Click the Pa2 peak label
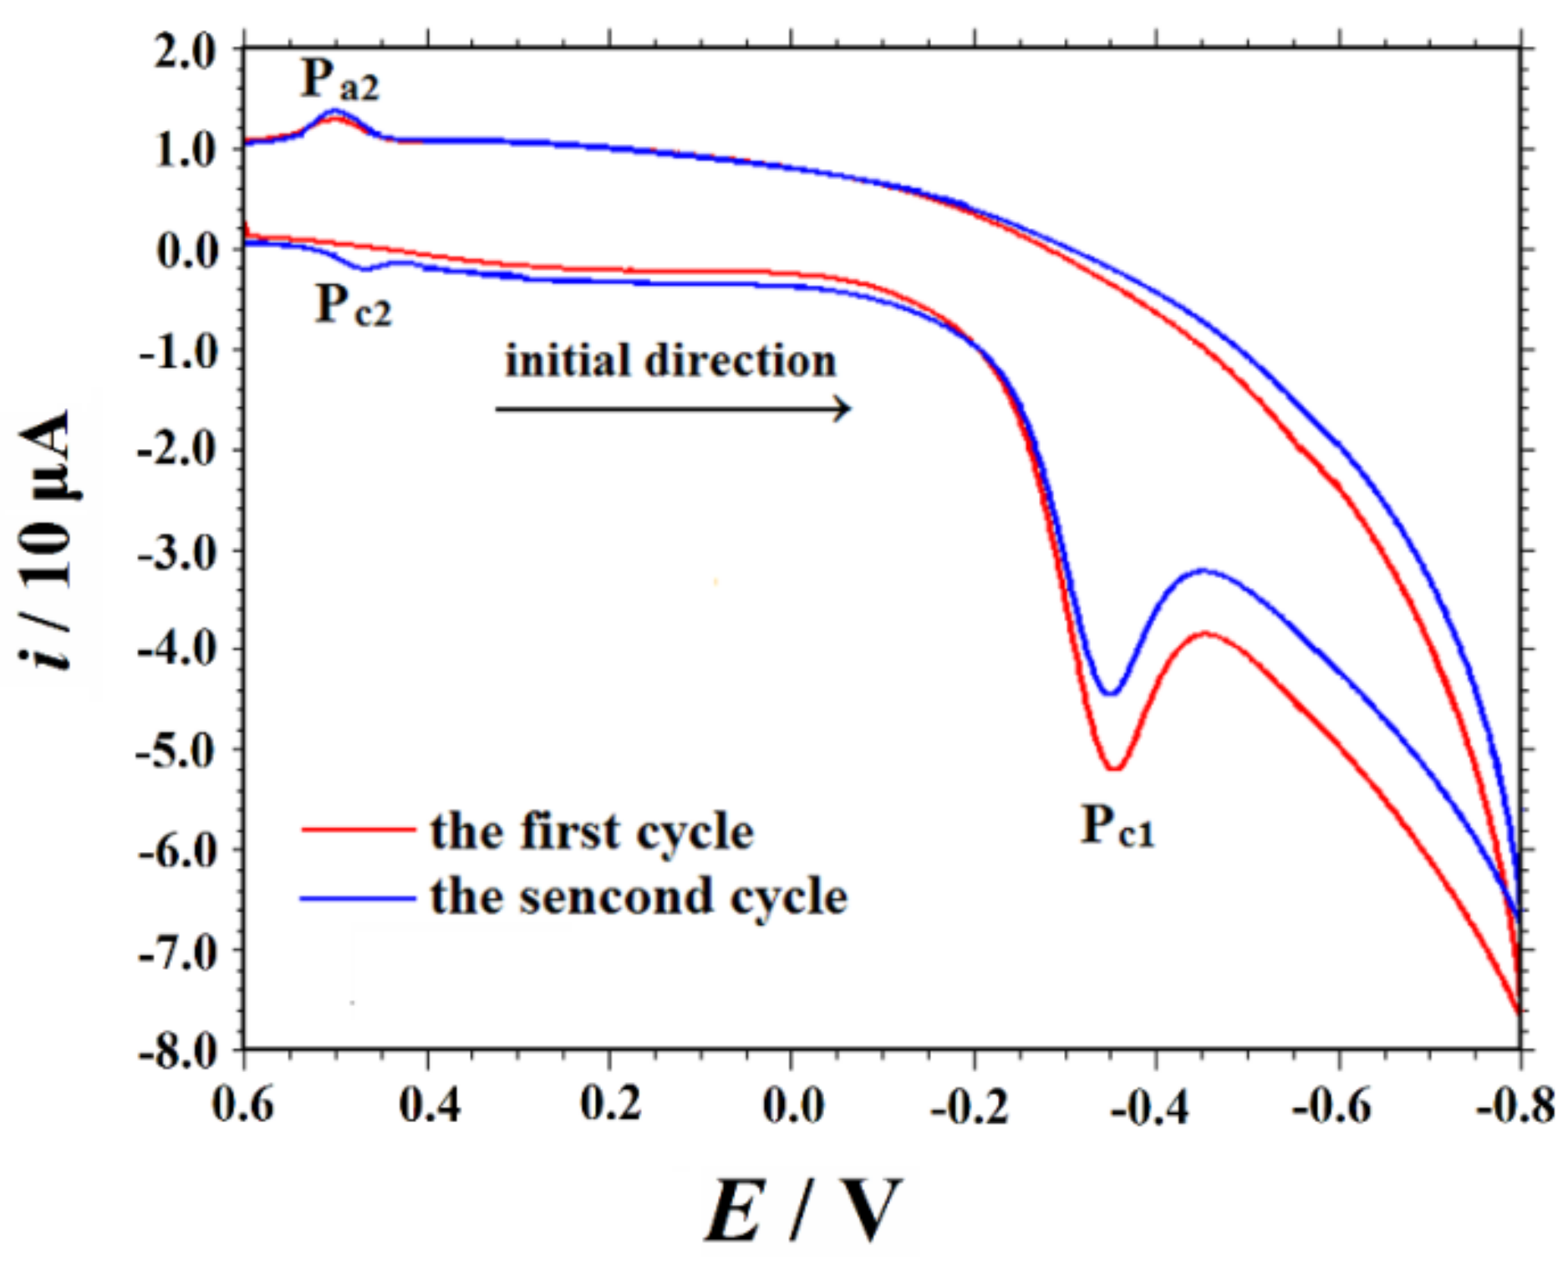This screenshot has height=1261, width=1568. (339, 81)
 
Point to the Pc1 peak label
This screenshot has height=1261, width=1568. (1117, 827)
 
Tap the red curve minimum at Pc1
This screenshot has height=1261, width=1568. (1114, 768)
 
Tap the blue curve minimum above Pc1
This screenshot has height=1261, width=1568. (1111, 693)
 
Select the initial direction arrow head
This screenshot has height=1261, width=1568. (844, 409)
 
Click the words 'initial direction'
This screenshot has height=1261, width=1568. (670, 361)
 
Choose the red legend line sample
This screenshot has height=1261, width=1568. (358, 830)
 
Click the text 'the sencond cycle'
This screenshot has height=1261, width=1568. (639, 896)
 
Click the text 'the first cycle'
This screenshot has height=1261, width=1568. (592, 831)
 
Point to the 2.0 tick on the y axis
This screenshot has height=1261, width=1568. (186, 52)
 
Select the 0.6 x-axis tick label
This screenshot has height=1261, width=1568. (243, 1106)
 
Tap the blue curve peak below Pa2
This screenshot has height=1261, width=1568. (335, 110)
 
